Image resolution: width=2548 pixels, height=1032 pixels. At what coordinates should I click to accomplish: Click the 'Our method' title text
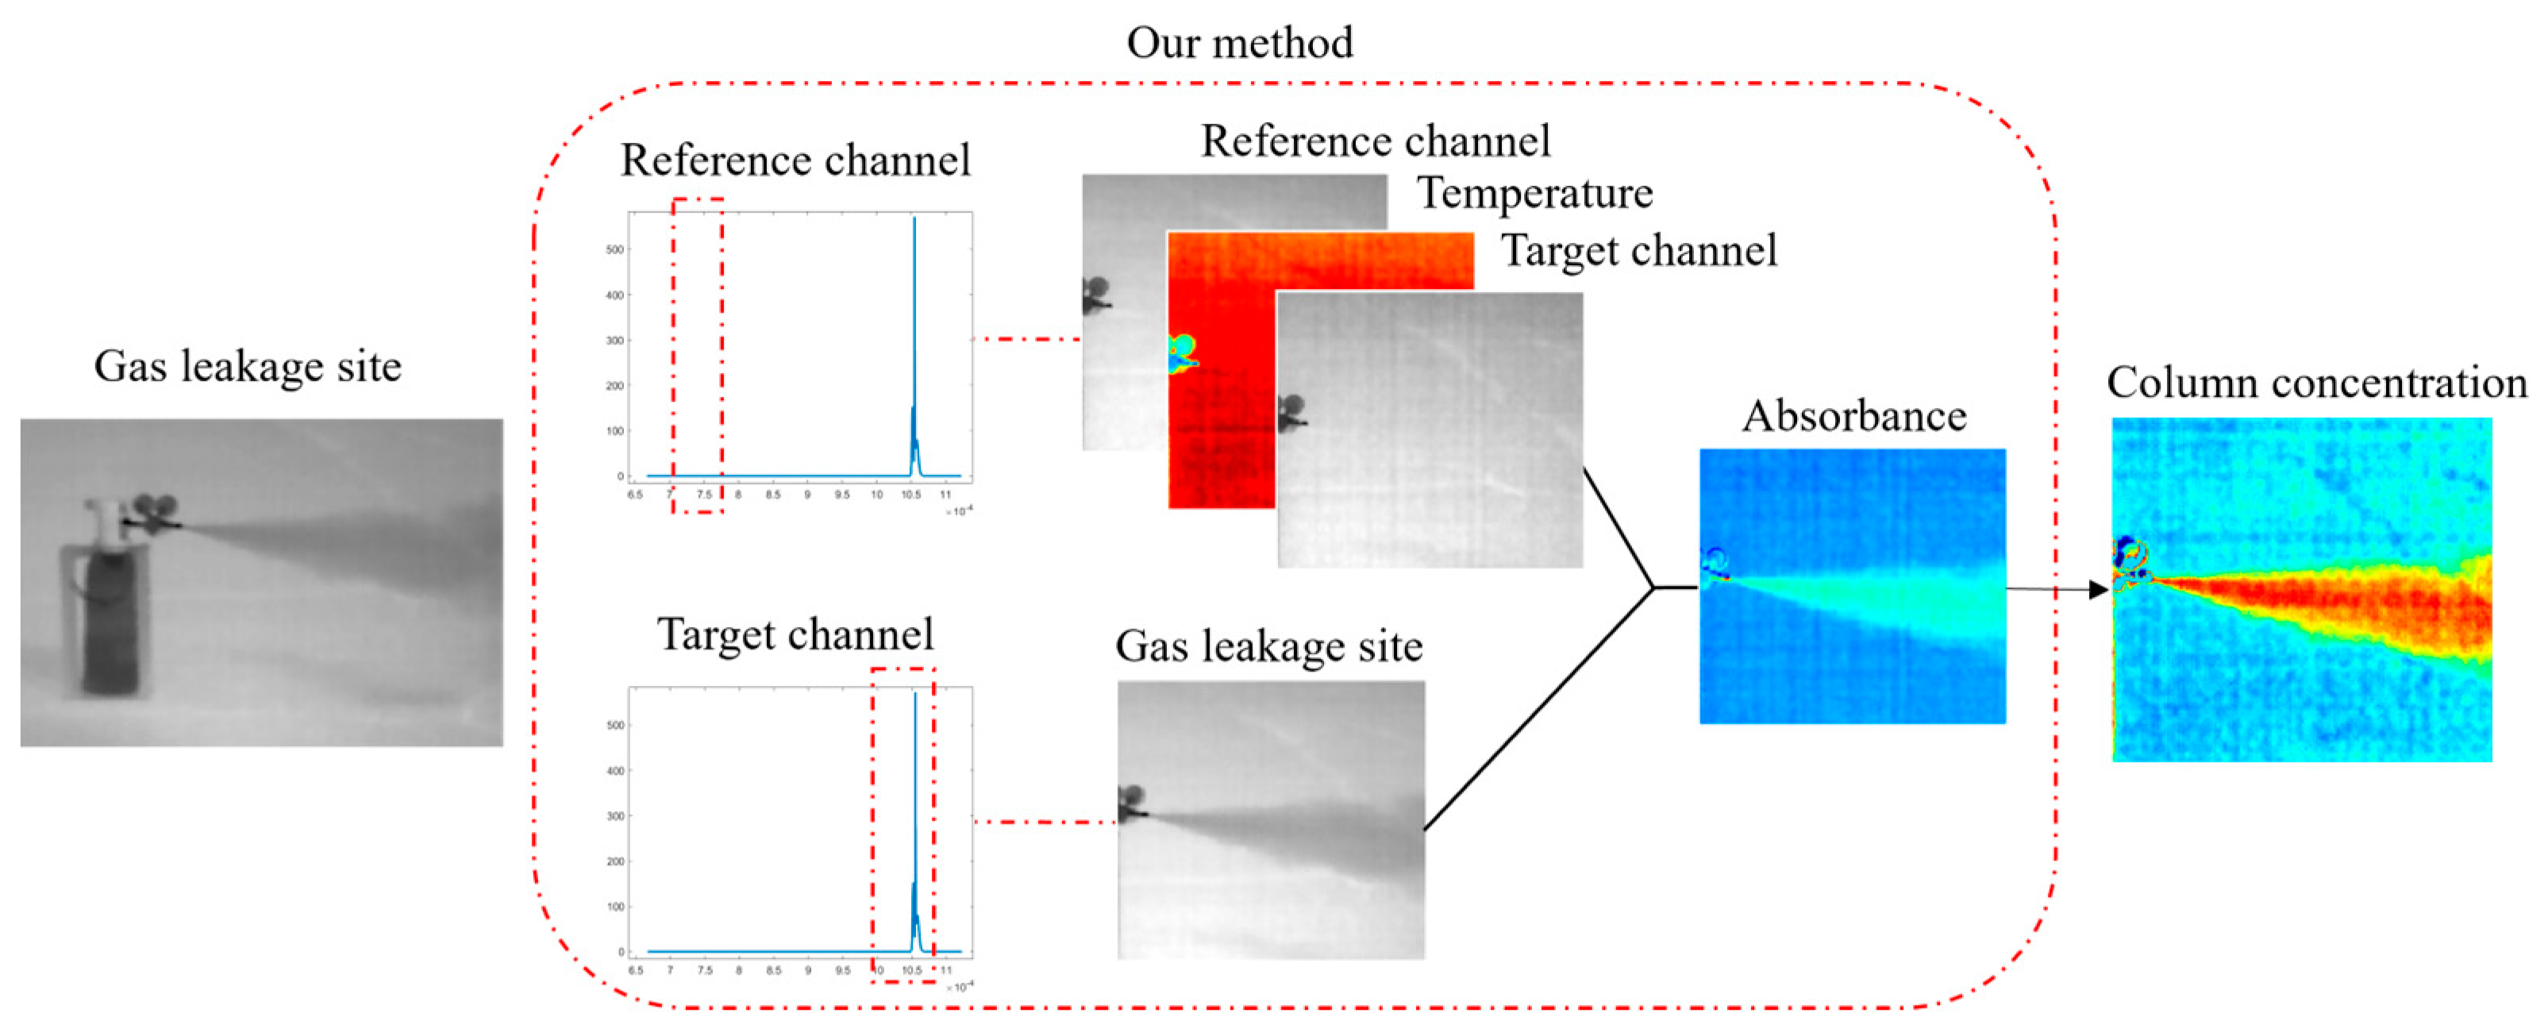coord(1238,44)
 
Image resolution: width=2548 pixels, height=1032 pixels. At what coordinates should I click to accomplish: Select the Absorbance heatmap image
coord(1852,586)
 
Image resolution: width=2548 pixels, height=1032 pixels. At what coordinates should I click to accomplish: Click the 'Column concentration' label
coord(2315,383)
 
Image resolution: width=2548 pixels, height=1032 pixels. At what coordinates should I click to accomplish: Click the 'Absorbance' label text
coord(1853,415)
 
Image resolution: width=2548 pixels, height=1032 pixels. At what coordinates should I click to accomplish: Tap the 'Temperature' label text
coord(1534,193)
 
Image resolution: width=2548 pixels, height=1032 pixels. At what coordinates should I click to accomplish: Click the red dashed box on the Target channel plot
coord(902,824)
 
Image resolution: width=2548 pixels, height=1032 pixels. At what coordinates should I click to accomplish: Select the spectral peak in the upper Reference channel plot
coord(914,297)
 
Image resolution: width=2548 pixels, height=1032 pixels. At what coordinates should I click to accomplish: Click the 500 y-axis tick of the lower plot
coord(615,726)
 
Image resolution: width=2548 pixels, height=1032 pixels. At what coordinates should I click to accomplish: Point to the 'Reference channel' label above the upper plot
coord(795,160)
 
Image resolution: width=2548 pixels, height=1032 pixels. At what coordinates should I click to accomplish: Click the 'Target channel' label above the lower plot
coord(795,634)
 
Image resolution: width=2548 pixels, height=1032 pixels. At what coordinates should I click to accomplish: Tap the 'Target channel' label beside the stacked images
coord(1639,250)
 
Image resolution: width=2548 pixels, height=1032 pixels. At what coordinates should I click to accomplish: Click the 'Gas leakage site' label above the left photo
coord(248,366)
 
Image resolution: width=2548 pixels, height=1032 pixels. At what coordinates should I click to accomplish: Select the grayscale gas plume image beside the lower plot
coord(1271,819)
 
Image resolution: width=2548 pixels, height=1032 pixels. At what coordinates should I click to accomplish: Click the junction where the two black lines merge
coord(1654,587)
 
